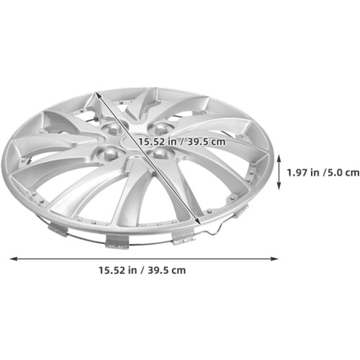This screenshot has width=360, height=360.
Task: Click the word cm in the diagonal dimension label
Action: [x=218, y=143]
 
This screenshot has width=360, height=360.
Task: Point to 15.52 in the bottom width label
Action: [x=112, y=270]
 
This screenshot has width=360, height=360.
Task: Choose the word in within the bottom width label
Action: [x=132, y=270]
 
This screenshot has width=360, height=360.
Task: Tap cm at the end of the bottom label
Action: [x=179, y=271]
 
